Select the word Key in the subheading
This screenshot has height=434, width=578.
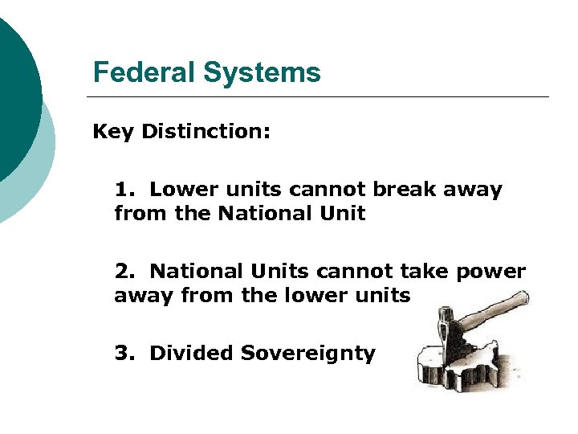[x=113, y=131]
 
